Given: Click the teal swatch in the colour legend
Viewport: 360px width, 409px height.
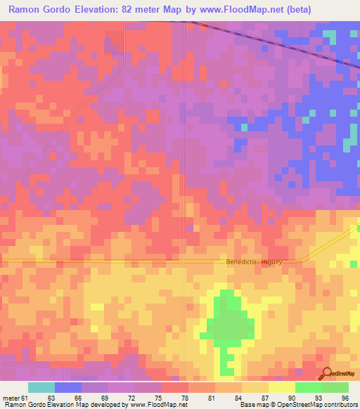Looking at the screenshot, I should click(41, 388).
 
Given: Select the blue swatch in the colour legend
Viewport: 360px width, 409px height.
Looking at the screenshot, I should click(68, 388).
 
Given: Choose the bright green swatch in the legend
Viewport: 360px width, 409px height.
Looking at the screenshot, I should click(308, 388).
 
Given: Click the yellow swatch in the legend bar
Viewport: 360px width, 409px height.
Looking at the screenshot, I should click(281, 388).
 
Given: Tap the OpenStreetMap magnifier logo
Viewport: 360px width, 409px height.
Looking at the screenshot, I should click(326, 373).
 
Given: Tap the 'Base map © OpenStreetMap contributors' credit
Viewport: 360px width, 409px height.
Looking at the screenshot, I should click(297, 405).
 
